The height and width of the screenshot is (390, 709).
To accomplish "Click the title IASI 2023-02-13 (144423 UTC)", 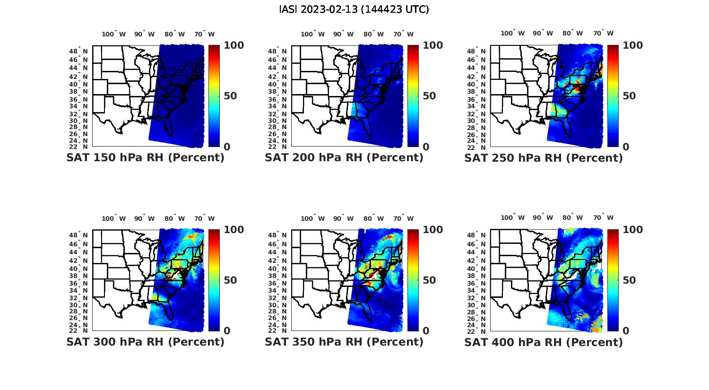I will (354, 9).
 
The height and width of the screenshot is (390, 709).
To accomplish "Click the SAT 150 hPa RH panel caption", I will (145, 157).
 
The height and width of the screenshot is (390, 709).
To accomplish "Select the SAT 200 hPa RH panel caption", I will (344, 157).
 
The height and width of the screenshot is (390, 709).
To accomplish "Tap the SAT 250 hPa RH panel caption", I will (544, 157).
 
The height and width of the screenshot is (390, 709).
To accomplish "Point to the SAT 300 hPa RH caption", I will (145, 341).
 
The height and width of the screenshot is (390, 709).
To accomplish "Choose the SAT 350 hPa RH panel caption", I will (344, 341).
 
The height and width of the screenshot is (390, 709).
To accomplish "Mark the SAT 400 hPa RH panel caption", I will (544, 341).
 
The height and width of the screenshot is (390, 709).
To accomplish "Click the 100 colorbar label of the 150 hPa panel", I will (233, 45).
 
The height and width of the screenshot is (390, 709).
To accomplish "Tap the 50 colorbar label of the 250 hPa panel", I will (629, 96).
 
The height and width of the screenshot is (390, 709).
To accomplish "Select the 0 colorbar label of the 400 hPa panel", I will (626, 331).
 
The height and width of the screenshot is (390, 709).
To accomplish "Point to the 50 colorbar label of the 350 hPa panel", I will (429, 280).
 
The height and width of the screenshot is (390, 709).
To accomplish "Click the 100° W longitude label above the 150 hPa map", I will (114, 34).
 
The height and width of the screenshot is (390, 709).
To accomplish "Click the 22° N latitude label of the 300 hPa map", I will (83, 330).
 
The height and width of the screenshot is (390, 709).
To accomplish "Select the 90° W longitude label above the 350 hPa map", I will (343, 218).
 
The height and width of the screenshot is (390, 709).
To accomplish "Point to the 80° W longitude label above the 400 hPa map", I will (572, 217).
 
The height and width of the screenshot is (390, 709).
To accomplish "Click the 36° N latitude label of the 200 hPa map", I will (282, 99).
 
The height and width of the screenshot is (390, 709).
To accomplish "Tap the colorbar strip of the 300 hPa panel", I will (214, 280).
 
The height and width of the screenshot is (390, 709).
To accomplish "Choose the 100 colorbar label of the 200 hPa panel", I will (432, 45).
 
